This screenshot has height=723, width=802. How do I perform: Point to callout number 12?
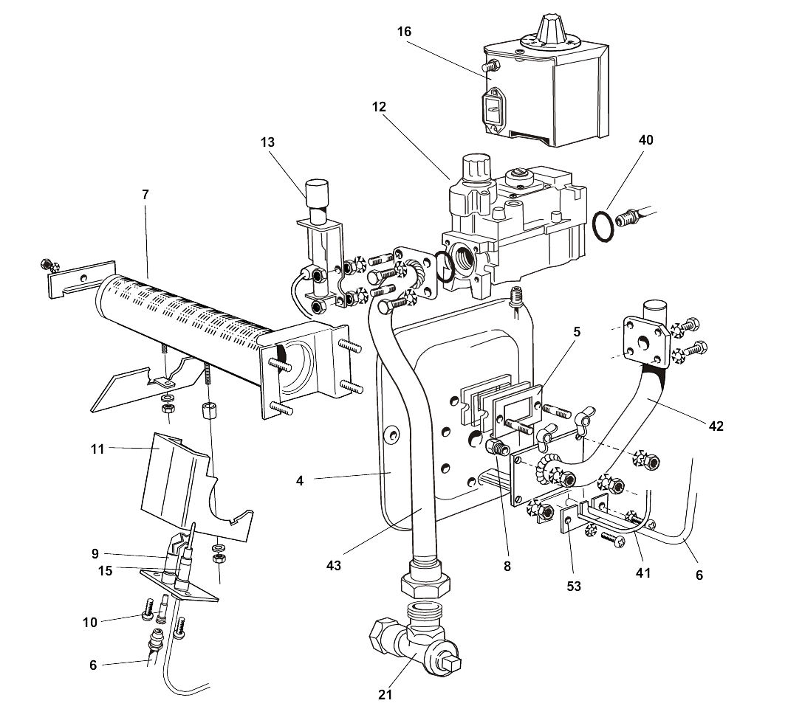[379, 106]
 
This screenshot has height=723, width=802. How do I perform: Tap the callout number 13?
[267, 142]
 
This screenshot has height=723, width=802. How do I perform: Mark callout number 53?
[574, 586]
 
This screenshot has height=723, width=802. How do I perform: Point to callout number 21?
[385, 694]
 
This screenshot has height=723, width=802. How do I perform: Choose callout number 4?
[300, 480]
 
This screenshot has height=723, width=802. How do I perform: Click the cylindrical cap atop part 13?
[315, 193]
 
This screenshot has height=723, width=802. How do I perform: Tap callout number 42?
[716, 426]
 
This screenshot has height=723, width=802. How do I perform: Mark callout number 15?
[106, 570]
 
